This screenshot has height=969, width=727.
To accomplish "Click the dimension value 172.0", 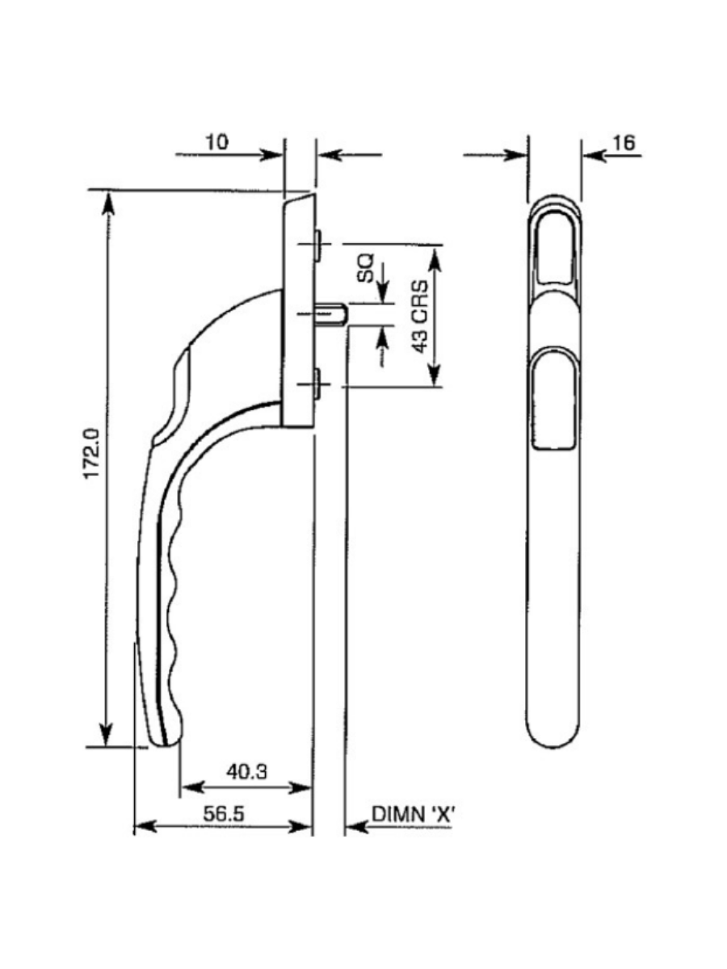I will [x=92, y=456].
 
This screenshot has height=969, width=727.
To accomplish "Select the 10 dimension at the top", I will [x=216, y=142].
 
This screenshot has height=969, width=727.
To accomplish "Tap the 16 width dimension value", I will [x=624, y=143].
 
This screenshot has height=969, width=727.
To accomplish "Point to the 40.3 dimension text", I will [x=246, y=772].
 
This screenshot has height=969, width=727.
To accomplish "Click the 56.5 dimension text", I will [x=224, y=814].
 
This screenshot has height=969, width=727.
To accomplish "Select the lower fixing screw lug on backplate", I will [x=319, y=383].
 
